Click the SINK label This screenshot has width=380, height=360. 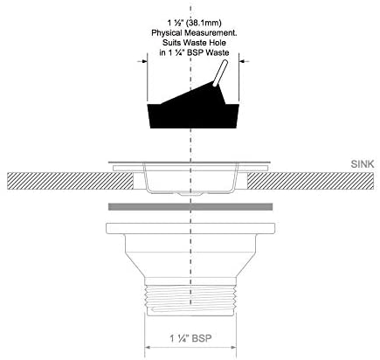point(363,164)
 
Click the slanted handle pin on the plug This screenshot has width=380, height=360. point(220,73)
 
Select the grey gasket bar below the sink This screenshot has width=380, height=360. point(190,207)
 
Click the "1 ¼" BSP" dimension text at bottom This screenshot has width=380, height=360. point(190,338)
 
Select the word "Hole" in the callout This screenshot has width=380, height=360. point(217,43)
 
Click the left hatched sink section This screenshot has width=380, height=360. point(70,181)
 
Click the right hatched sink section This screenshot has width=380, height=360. point(310,181)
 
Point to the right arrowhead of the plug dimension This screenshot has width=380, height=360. point(242,61)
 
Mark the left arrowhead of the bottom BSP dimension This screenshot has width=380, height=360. point(148,347)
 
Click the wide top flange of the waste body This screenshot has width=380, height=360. point(190,228)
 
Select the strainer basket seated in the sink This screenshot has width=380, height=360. point(190,178)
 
